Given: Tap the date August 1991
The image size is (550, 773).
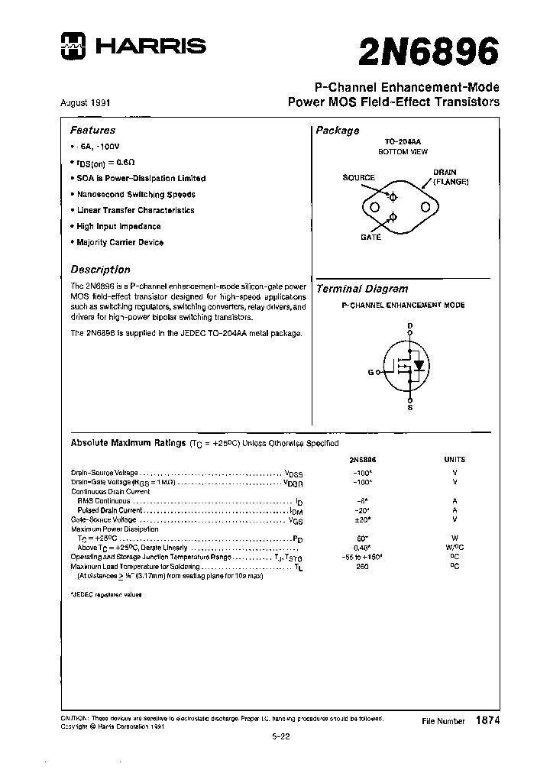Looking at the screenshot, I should [89, 102].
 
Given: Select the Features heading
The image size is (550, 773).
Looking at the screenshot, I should [93, 131].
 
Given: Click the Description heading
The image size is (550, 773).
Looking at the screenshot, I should [100, 270].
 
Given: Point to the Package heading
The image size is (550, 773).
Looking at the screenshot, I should [338, 131].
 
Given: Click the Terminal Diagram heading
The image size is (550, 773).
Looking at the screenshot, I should [362, 289].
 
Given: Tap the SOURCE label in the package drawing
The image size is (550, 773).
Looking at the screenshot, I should [358, 178].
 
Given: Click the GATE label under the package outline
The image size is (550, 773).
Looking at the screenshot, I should [370, 238].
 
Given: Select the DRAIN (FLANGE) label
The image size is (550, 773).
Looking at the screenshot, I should [450, 177].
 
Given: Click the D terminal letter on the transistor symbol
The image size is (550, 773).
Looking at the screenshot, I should [410, 326].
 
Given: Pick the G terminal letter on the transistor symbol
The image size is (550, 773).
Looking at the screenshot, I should [370, 372].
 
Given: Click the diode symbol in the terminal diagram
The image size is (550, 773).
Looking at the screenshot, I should [419, 365].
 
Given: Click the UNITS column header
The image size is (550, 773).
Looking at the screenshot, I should [454, 460].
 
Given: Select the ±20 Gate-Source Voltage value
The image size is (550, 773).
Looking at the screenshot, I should [362, 519].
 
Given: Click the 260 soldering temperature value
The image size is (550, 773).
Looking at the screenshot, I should [362, 567].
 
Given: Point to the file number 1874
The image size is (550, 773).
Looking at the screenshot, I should [487, 720].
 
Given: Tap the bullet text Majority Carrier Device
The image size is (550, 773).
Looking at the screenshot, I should [120, 242].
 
